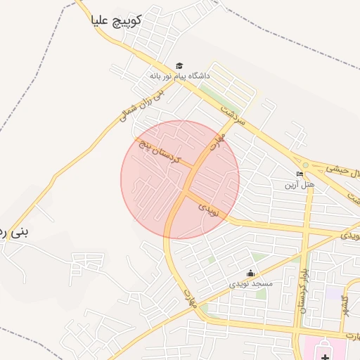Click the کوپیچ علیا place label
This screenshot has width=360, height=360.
tap(116, 21)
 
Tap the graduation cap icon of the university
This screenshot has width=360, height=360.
tap(179, 65)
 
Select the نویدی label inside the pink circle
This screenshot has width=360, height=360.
tap(210, 209)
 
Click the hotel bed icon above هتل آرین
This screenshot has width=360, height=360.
tap(300, 174)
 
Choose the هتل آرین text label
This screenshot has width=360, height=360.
tap(298, 185)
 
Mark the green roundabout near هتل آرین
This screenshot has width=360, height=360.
tap(305, 165)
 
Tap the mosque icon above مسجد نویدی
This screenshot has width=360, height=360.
tap(250, 274)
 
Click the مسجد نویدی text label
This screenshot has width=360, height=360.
tap(250, 284)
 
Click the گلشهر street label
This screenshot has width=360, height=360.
tap(345, 307)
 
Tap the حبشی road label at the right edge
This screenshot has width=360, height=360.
tap(345, 169)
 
